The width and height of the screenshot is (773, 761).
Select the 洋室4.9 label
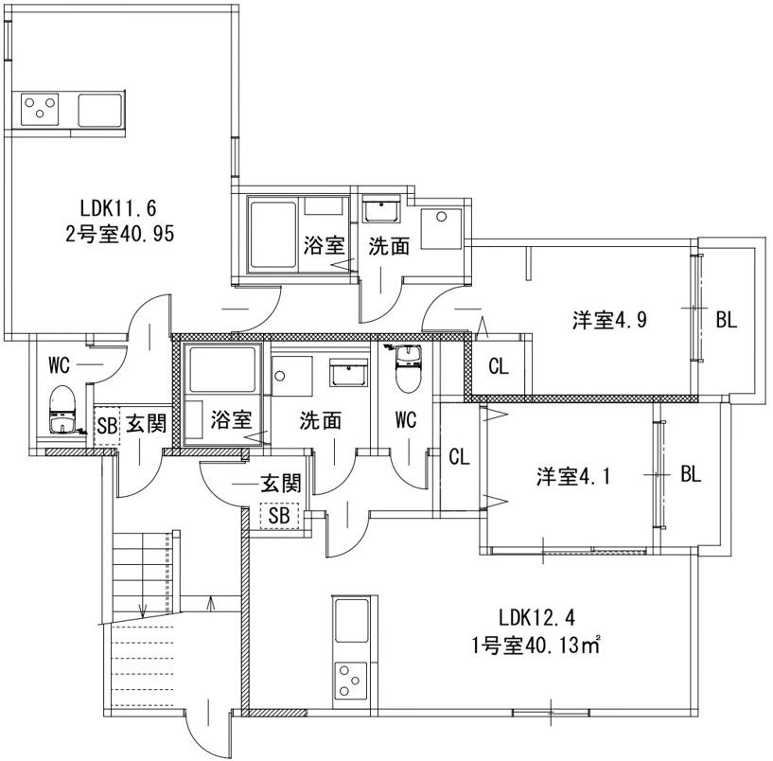coord(609,319)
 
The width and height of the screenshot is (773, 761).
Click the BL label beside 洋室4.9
coord(725,320)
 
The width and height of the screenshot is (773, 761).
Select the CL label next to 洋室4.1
coord(459,457)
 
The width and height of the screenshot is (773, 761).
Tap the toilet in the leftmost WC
coord(61,407)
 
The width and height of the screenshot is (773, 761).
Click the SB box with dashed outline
coord(279,515)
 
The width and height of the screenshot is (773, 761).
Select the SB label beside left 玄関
coord(107,427)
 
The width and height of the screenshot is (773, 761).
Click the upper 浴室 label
coord(323,246)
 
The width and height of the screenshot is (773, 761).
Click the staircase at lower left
coord(142,606)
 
